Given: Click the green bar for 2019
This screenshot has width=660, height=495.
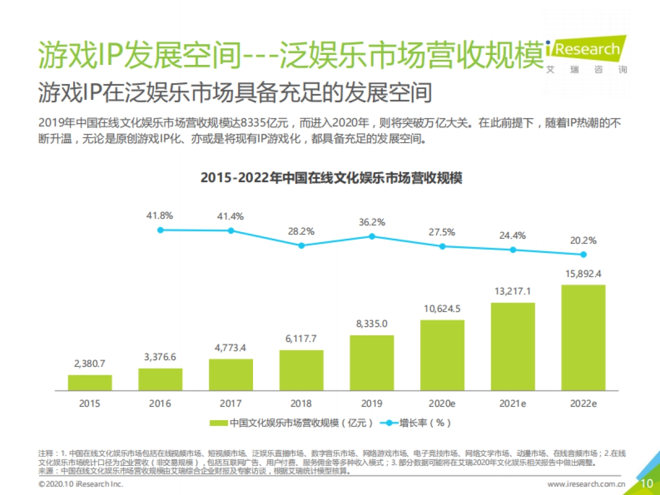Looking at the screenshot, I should pos(372,362).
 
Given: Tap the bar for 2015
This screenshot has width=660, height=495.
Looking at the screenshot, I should pos(90,382).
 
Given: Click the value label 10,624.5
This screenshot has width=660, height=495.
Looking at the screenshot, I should pos(442,309).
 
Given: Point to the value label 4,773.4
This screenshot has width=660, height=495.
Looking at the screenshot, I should pos(231,348).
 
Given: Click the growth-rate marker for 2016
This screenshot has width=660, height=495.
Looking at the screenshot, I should pos(161,230).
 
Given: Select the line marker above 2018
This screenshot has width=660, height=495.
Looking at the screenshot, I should pos(301,245).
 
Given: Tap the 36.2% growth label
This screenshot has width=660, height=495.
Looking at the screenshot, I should pos(372,223).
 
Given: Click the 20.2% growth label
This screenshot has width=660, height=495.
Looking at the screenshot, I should pos(583,240).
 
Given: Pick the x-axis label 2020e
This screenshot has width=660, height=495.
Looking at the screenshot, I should pos(442,403).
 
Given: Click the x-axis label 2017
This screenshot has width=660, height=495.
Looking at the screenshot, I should pos(231,403).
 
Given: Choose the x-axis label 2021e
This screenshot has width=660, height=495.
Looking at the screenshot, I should pos(513,403).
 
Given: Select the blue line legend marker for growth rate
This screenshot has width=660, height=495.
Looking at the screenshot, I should pos(389,423).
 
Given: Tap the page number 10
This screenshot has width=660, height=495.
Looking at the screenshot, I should pos(647,483).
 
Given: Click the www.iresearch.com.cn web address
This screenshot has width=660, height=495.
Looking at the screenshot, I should pos(586,484).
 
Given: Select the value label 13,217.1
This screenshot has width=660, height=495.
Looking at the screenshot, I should pos(513,291).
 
